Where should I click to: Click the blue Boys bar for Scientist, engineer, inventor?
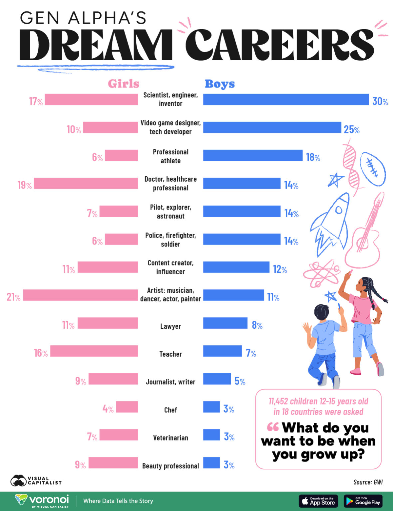tap(286, 99)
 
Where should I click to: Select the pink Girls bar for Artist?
tap(80, 295)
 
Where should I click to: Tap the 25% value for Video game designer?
tap(351, 129)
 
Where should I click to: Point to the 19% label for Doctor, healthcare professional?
tap(25, 185)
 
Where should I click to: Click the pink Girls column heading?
tap(123, 84)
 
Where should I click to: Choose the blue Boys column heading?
tap(219, 84)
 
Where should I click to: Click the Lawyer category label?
tap(171, 326)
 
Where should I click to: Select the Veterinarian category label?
tap(171, 438)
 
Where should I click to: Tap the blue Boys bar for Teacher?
tap(222, 351)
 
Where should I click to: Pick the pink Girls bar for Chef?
tap(127, 407)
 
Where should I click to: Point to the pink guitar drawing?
tap(365, 233)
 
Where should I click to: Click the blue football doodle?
tap(373, 169)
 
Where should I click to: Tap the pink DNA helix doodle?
tap(351, 166)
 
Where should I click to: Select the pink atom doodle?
tap(320, 273)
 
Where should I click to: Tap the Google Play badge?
tap(363, 501)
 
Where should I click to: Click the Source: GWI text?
tap(368, 482)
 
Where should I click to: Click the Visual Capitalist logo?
tap(36, 481)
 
